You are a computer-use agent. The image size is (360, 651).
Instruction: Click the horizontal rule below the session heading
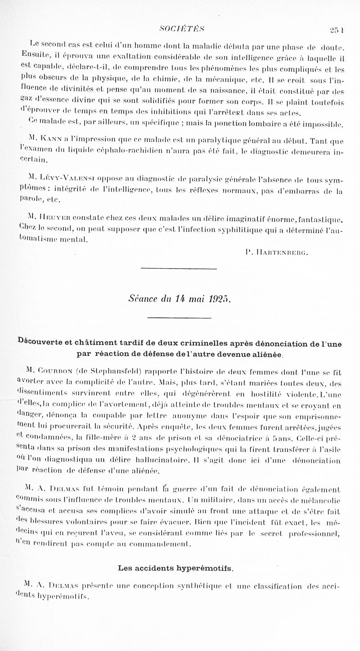click(x=180, y=319)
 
